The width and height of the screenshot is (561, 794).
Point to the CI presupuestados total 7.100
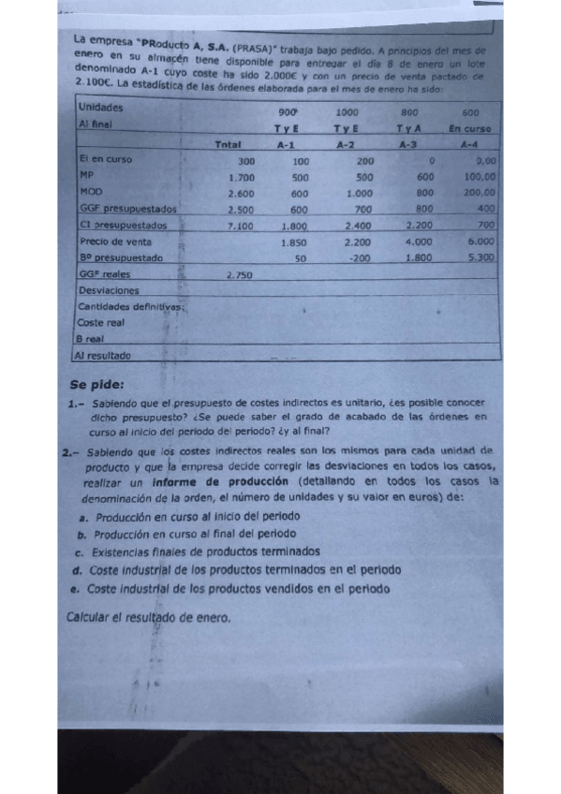coord(241,226)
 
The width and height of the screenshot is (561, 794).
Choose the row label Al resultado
coord(104,356)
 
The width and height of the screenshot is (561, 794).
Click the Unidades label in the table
coord(100,108)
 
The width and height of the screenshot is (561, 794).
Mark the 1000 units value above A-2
coord(347,111)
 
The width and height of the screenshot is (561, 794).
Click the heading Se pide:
coord(96,383)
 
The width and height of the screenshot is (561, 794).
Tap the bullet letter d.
coord(74,569)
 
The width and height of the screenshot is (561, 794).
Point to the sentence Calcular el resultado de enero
coord(150,617)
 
